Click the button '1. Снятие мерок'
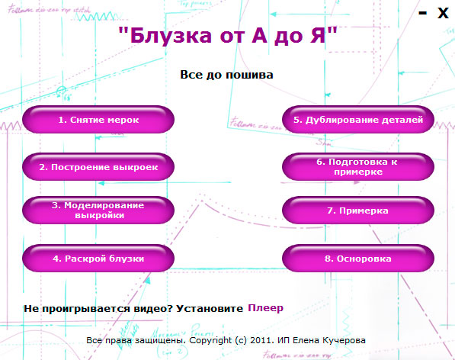coord(99,120)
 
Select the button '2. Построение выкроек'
coord(99,166)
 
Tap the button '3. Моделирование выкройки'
coord(99,210)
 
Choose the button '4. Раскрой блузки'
coord(99,259)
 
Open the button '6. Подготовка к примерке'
coord(357,166)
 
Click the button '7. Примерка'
coord(357,210)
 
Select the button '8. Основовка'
coord(357,259)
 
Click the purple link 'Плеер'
coord(265,308)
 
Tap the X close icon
coord(442,13)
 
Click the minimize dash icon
coord(423,13)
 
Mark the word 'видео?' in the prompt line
coord(155,308)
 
